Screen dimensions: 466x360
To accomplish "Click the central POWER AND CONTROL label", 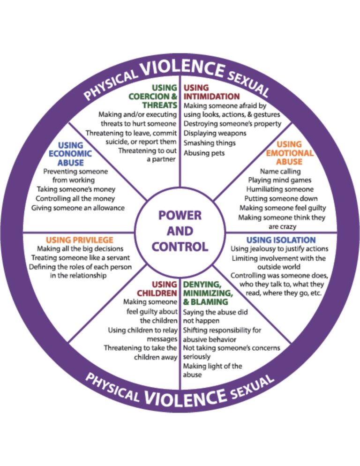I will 180,231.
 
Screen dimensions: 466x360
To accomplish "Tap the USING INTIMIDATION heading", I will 202,92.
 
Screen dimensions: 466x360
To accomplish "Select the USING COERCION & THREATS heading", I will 153,97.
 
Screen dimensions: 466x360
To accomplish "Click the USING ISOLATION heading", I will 281,240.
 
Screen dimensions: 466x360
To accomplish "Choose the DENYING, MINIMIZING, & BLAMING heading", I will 209,293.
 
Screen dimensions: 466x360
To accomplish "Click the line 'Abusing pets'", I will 204,153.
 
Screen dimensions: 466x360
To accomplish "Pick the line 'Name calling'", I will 280,172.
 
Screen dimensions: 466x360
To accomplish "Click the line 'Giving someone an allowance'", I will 78,208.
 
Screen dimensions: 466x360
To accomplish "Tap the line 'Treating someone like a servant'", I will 81,258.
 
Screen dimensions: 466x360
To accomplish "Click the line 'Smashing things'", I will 210,143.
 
